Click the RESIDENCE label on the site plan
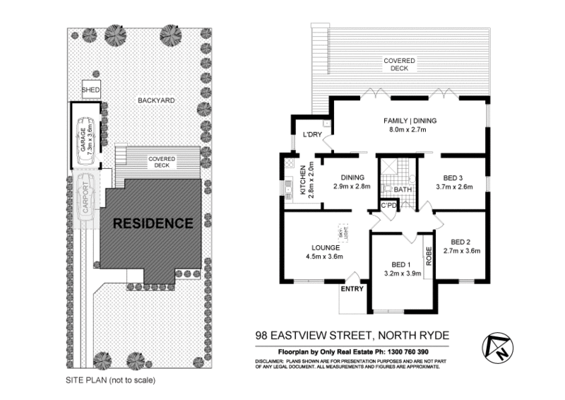click(153, 223)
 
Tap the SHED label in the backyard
click(91, 90)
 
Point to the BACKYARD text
click(156, 100)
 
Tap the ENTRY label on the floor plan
click(351, 289)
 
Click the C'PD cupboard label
click(389, 205)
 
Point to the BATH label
click(403, 189)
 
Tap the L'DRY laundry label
click(312, 134)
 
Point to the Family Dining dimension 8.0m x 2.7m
click(410, 130)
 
